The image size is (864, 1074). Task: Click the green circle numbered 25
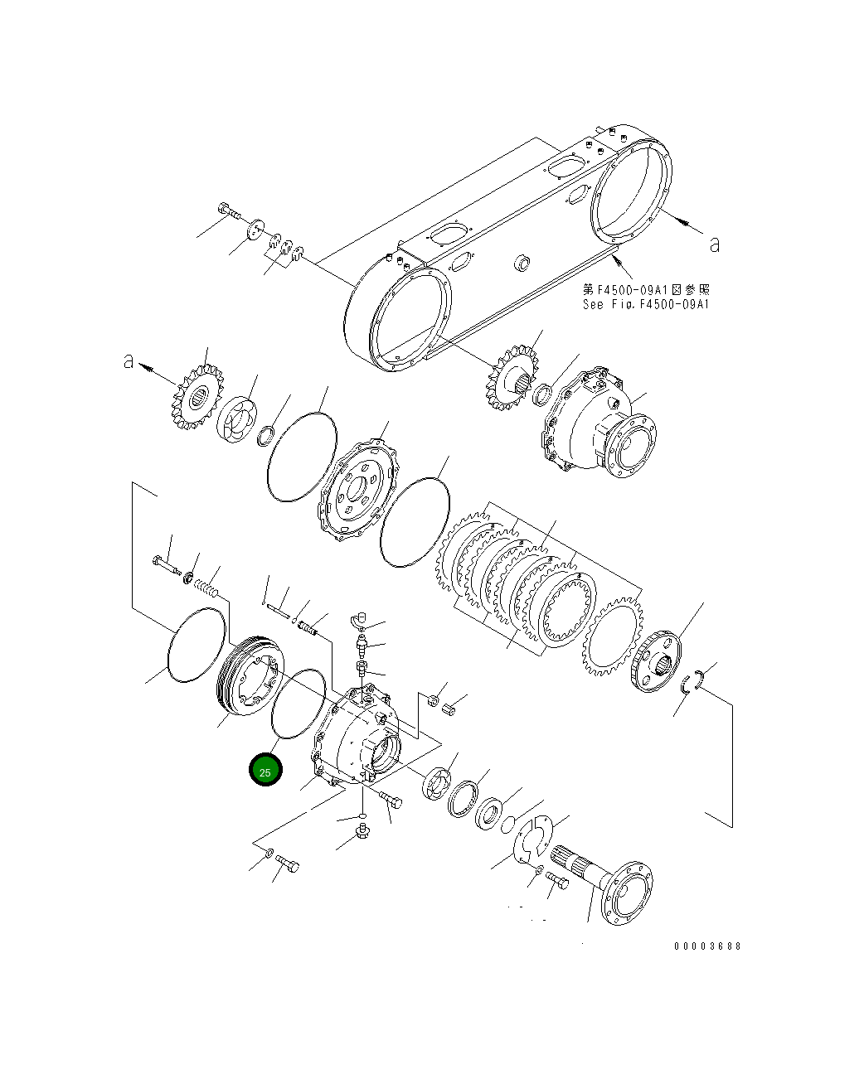(265, 771)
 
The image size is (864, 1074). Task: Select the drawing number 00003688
(707, 946)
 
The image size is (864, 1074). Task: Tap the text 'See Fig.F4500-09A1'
(646, 304)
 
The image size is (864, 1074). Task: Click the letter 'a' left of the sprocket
(129, 361)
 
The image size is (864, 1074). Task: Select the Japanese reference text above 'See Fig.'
(646, 290)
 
